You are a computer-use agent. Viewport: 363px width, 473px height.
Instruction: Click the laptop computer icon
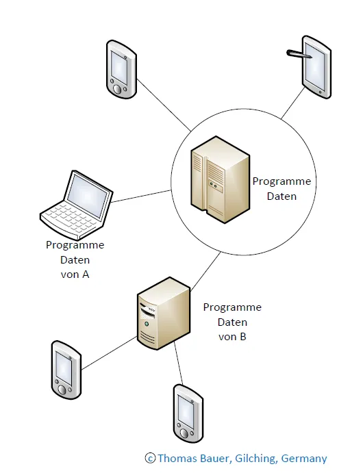77,205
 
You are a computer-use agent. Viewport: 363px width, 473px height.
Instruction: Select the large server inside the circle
221,179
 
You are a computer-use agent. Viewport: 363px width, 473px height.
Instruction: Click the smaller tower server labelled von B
164,313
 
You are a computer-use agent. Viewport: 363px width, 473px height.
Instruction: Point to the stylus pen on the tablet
298,53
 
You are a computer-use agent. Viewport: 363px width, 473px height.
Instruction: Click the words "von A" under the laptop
75,274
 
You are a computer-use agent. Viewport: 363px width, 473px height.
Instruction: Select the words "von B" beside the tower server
232,337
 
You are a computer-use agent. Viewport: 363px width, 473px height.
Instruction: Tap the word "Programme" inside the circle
281,181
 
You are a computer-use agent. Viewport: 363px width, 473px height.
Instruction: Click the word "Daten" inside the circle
281,196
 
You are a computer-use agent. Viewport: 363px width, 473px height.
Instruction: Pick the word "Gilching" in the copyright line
255,459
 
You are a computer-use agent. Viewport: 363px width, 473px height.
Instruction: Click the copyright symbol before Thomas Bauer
150,459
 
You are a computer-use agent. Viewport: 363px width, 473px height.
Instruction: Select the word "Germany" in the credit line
304,459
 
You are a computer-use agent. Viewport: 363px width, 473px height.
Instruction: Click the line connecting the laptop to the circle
141,196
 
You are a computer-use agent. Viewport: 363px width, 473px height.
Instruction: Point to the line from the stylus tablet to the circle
293,103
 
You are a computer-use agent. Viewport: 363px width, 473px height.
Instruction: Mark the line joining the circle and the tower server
205,272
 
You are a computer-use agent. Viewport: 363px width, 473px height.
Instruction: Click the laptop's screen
88,194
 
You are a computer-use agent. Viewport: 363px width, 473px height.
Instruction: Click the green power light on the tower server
147,324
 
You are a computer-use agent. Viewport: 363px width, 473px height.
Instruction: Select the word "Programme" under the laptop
75,245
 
